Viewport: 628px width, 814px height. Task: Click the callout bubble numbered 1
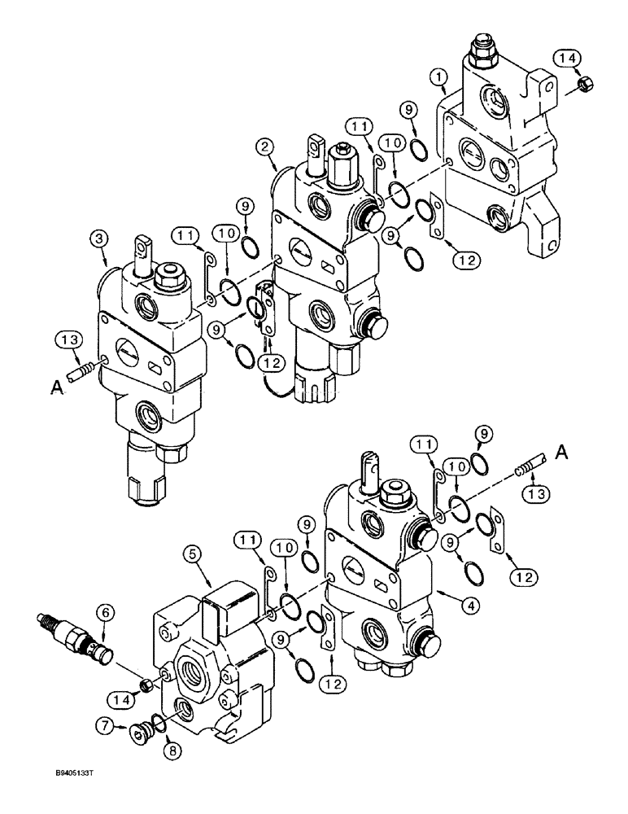point(441,77)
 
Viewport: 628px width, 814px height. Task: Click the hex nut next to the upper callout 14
point(583,82)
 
